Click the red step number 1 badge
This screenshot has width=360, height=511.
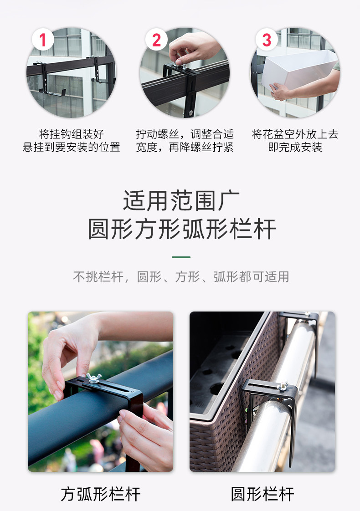coord(43,40)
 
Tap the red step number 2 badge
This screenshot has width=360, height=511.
coord(156,40)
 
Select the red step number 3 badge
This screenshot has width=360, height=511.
coord(267,40)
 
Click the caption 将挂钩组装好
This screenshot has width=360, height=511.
coord(72,134)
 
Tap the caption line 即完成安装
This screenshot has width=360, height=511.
coord(295,147)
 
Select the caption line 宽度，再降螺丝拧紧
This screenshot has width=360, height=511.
coord(185,147)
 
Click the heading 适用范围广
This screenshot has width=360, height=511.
coord(181,200)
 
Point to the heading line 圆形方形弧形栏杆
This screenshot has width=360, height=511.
coord(182,229)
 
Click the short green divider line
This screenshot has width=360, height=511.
coord(181,257)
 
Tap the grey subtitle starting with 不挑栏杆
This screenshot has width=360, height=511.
coord(181,277)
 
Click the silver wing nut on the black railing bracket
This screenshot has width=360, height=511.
coord(93,378)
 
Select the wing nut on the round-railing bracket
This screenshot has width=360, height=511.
coord(283,386)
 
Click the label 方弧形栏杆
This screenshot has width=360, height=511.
coord(100,494)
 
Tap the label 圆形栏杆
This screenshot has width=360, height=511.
coord(262,494)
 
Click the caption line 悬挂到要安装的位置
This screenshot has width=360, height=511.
coord(72,147)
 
